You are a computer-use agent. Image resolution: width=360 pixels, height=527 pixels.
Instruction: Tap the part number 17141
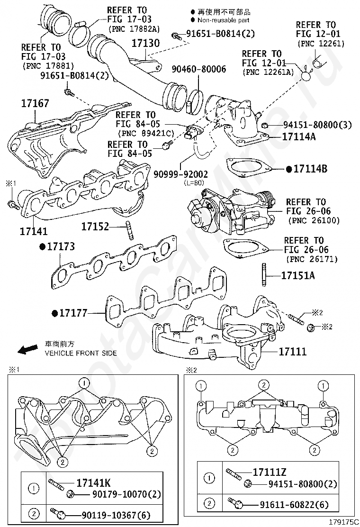tap(34, 231)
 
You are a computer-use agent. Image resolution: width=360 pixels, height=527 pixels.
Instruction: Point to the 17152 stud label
tap(95, 227)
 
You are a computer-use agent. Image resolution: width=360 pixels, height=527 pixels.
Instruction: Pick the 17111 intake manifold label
tap(292, 352)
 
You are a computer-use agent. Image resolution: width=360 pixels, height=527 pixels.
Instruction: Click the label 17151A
tap(297, 275)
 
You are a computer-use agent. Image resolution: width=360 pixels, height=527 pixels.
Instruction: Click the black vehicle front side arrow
tap(27, 349)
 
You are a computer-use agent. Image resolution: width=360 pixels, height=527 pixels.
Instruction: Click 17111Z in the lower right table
tap(270, 472)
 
